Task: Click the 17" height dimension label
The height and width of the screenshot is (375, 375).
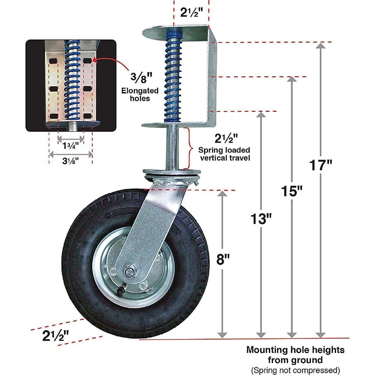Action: pos(320,165)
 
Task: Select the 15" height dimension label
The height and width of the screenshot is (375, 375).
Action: pos(292,191)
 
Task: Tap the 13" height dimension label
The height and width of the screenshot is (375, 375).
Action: pos(261,219)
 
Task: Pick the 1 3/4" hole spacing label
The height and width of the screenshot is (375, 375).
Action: pos(70,146)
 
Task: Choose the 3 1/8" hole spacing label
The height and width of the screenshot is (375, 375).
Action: pos(70,161)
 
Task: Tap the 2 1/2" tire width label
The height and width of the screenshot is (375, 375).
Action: pos(56,336)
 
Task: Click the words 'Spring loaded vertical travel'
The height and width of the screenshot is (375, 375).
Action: pos(224,154)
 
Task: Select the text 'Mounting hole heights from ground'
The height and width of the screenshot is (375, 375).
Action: pos(295,355)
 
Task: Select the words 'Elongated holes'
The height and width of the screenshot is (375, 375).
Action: pos(140,95)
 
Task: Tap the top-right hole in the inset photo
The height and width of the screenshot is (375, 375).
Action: pos(87,61)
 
